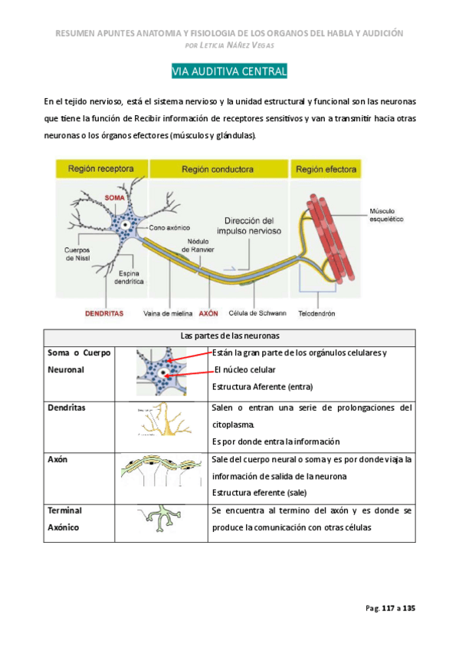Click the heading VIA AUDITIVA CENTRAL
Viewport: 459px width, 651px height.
229,72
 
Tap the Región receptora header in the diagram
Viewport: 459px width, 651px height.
101,168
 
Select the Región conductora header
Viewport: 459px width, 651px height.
218,168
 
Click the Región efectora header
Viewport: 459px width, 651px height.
325,168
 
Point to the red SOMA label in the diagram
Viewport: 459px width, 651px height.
114,198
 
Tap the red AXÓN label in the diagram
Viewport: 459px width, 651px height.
208,313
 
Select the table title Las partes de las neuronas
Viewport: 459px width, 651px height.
230,336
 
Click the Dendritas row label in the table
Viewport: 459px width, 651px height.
67,408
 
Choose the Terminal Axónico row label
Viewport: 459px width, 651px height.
67,518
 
